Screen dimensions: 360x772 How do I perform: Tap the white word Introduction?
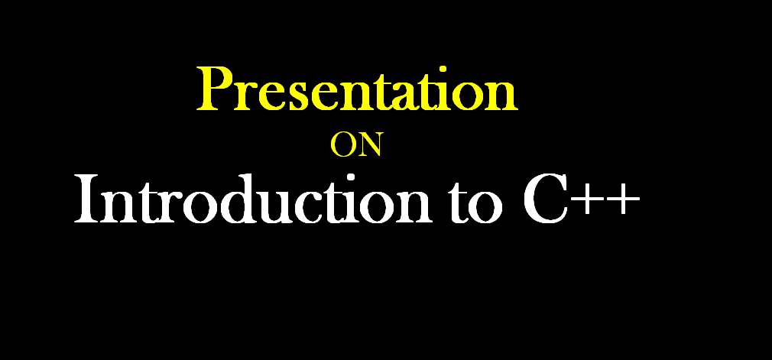(x=252, y=200)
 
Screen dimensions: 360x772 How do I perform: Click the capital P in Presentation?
(x=213, y=89)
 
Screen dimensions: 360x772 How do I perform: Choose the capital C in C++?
(x=545, y=200)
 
